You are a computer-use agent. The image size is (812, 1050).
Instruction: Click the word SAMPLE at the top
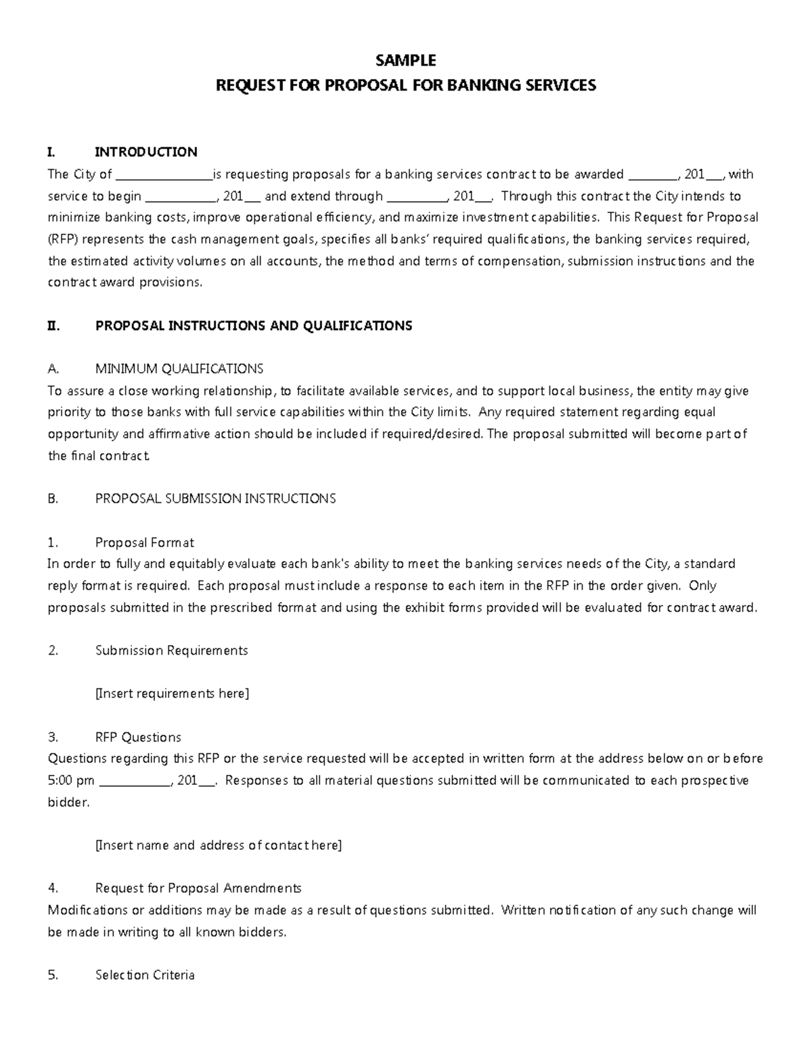point(405,61)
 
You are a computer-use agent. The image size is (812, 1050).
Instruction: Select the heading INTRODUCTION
point(146,151)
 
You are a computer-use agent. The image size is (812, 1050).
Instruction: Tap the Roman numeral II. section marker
point(54,326)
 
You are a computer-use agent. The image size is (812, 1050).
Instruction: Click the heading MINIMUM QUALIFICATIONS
point(179,369)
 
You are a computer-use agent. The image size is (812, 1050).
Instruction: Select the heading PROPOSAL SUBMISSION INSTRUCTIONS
point(215,499)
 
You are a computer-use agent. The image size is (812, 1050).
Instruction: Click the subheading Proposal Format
point(144,543)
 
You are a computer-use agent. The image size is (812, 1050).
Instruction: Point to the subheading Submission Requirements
point(171,650)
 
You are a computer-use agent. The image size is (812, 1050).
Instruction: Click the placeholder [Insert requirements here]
point(172,694)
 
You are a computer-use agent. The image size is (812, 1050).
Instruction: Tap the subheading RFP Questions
point(138,737)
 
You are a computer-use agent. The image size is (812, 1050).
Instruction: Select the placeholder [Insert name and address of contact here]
point(219,845)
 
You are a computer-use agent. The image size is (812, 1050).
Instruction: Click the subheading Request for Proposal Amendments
point(198,888)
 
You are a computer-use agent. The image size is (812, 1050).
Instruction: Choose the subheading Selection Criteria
point(145,975)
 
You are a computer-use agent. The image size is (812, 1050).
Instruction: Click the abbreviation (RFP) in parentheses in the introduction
point(63,239)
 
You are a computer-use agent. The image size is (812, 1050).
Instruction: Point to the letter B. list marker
point(53,499)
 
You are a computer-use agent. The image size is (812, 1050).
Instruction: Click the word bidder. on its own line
point(68,803)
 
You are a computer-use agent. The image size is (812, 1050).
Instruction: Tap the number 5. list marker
point(53,975)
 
